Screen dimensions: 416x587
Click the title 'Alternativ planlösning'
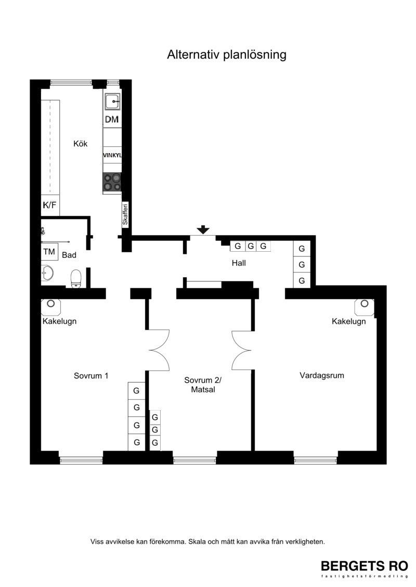coord(227,54)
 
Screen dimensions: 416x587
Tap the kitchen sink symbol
coord(112,101)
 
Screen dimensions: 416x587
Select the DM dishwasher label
coord(112,119)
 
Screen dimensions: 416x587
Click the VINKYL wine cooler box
coord(112,155)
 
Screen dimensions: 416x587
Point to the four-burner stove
coord(112,182)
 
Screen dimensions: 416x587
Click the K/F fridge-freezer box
coord(49,205)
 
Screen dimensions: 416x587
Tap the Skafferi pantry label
coord(125,214)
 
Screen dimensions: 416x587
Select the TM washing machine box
coord(49,252)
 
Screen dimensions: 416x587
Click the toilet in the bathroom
coord(76,279)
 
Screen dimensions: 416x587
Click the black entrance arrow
coord(203,230)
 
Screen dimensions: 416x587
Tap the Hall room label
coord(239,263)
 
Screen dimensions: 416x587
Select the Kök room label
coord(80,144)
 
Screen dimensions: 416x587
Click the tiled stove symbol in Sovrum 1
coord(50,307)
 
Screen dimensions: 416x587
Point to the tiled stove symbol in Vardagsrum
coord(364,307)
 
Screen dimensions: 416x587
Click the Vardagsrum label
coord(322,375)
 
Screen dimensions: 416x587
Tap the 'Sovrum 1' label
coord(91,376)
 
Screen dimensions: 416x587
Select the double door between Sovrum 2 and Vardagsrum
coord(241,350)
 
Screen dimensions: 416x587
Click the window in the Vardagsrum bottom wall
coord(316,460)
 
